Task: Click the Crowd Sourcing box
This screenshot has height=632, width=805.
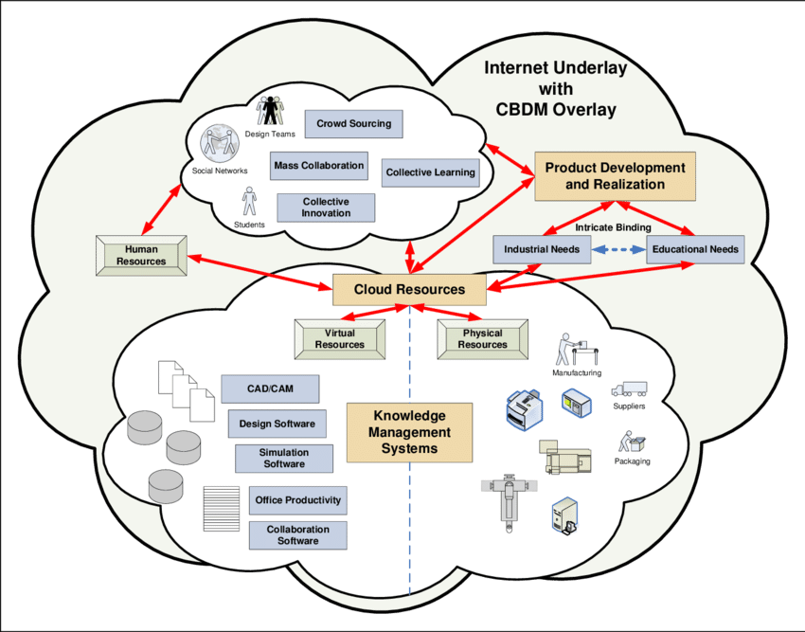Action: pyautogui.click(x=353, y=124)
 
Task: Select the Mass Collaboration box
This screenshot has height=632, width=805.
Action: pyautogui.click(x=318, y=166)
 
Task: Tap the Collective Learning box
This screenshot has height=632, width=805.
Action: pyautogui.click(x=430, y=172)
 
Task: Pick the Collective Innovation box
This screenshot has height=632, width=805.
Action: pyautogui.click(x=326, y=208)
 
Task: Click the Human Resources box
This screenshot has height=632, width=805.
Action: pyautogui.click(x=141, y=256)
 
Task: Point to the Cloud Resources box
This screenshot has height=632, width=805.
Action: pyautogui.click(x=409, y=289)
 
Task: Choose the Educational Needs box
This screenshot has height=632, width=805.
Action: pyautogui.click(x=695, y=249)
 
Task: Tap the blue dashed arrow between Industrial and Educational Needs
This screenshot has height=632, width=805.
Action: pyautogui.click(x=618, y=250)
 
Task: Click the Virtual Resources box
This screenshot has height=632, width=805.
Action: pyautogui.click(x=340, y=339)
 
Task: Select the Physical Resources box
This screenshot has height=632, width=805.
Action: pyautogui.click(x=482, y=339)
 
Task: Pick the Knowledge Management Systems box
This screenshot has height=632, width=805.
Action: pyautogui.click(x=409, y=432)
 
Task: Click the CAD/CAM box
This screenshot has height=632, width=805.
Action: pyautogui.click(x=270, y=388)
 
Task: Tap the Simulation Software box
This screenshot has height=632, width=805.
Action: pyautogui.click(x=284, y=459)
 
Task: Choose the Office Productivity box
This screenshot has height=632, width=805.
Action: pyautogui.click(x=297, y=500)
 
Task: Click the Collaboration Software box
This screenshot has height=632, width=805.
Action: pyautogui.click(x=297, y=535)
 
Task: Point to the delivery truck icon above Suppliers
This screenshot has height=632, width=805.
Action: pyautogui.click(x=629, y=389)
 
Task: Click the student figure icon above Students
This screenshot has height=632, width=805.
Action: pyautogui.click(x=249, y=201)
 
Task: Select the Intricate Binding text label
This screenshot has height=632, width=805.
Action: pyautogui.click(x=613, y=227)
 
